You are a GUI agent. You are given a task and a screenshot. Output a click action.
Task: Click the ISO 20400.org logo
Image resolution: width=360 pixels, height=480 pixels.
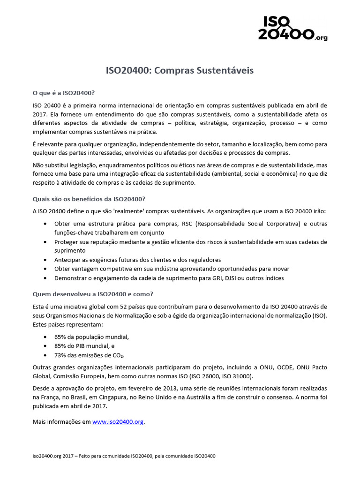(292, 28)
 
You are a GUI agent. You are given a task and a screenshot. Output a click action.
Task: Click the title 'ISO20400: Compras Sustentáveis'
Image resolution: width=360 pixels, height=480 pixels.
(180, 71)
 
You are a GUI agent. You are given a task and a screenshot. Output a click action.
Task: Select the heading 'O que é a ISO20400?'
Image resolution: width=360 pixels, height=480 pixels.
(64, 92)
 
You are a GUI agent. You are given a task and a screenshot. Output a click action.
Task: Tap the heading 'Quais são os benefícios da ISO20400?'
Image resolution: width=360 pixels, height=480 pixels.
(89, 198)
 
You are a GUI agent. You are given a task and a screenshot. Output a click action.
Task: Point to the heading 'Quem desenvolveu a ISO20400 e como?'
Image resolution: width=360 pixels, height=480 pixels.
(93, 294)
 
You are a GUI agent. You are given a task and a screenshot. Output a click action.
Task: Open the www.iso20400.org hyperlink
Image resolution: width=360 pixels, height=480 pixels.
(118, 422)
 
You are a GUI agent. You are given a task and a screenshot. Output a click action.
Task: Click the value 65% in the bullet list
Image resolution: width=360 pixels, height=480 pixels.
(60, 337)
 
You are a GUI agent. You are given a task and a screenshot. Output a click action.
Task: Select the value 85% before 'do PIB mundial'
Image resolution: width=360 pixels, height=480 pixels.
(60, 346)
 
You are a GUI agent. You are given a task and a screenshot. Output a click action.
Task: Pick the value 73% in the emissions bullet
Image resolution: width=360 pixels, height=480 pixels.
(60, 355)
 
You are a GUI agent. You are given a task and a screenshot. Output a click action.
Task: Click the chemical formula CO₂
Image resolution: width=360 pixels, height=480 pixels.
(118, 355)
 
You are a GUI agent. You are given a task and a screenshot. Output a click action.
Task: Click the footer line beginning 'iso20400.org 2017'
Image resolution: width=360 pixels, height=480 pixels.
(124, 456)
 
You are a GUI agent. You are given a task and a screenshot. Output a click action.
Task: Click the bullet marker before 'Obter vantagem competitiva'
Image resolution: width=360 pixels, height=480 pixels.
(45, 269)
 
